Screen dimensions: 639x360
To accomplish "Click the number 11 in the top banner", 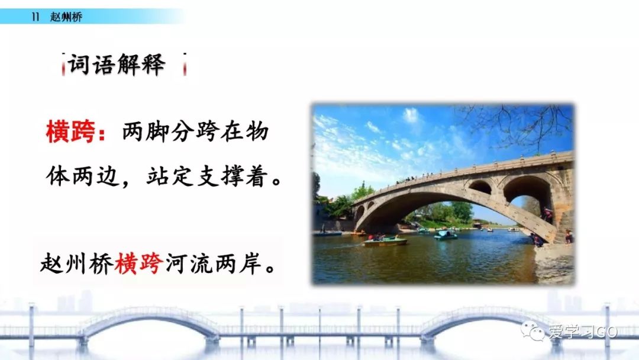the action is [x=35, y=17].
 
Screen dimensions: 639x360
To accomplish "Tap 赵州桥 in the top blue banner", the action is [x=66, y=17].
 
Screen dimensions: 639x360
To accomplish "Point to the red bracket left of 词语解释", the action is [x=63, y=65].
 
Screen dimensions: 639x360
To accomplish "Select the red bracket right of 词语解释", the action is [x=185, y=65].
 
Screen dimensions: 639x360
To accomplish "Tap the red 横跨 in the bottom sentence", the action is [x=139, y=263].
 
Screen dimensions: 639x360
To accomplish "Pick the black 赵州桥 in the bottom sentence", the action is [x=76, y=263].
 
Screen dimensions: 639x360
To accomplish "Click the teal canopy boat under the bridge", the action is [x=445, y=235].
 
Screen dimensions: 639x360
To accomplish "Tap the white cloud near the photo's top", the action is [x=411, y=115].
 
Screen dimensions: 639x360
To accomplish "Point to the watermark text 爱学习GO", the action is [x=583, y=332].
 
